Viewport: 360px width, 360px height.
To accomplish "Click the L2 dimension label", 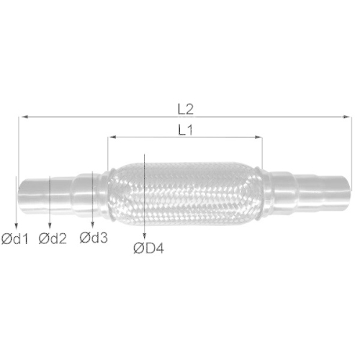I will (185, 109).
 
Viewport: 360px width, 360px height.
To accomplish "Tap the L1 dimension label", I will (184, 130).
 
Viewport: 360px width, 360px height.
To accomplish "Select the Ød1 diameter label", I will (14, 238).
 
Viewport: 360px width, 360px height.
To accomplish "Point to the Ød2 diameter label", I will (53, 238).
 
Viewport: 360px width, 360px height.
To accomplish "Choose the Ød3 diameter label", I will (94, 237).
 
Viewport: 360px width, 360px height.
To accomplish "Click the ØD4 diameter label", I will (148, 249).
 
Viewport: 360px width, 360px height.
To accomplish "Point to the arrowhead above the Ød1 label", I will (15, 225).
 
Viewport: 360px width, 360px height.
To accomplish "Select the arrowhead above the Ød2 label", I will (49, 225).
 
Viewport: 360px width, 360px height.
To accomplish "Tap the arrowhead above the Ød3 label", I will (93, 225).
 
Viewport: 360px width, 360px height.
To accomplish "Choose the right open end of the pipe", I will (348, 191).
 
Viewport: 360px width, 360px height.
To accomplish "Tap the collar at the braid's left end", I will (110, 191).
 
